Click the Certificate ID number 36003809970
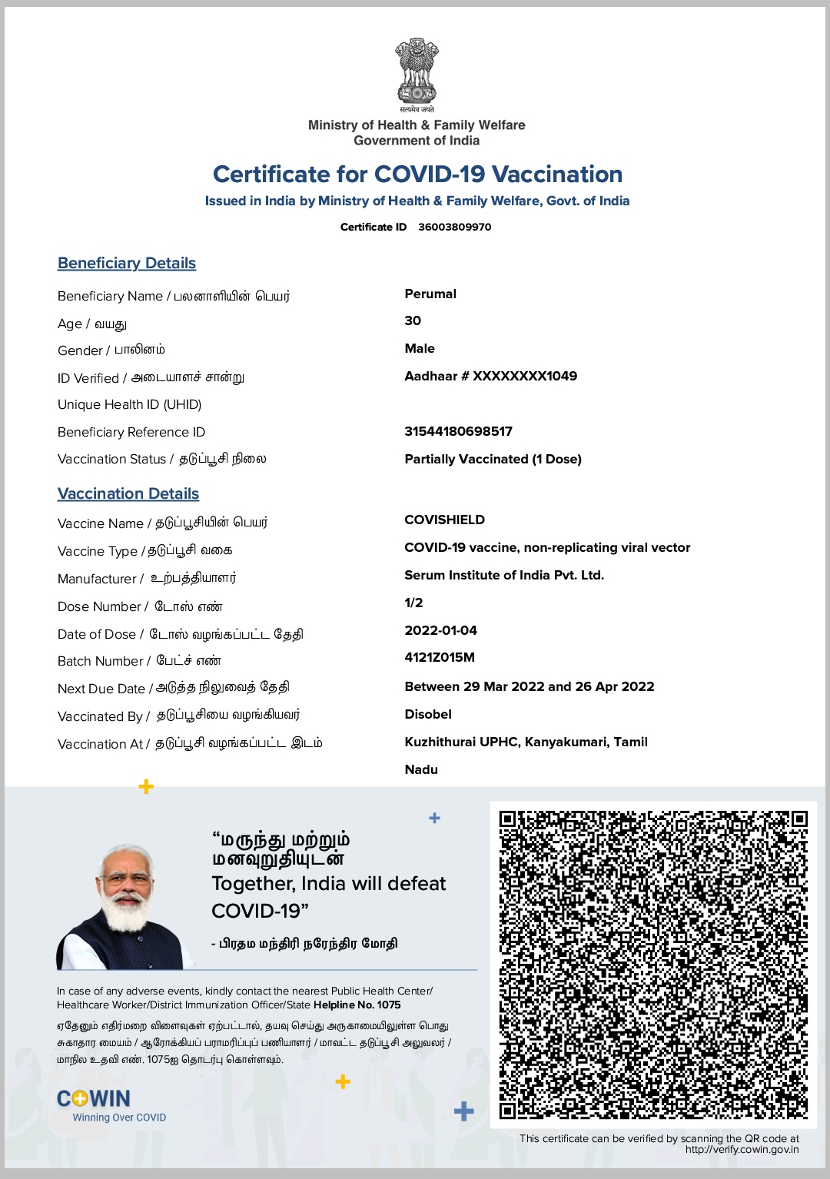pos(454,227)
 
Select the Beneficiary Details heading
pos(127,263)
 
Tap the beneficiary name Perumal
pos(430,294)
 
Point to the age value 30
pos(413,320)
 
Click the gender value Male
pos(420,348)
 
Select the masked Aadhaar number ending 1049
pos(490,376)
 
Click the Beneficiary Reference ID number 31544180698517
pos(458,431)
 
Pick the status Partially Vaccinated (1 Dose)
pos(493,459)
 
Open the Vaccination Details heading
pos(128,493)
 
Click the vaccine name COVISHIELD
pos(444,520)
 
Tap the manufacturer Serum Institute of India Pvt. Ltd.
pos(504,575)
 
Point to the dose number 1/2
pos(413,603)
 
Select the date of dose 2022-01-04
pos(440,630)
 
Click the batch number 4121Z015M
pos(440,657)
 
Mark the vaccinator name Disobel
pos(428,714)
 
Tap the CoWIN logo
pos(94,1099)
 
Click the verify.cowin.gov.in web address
pos(742,1150)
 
